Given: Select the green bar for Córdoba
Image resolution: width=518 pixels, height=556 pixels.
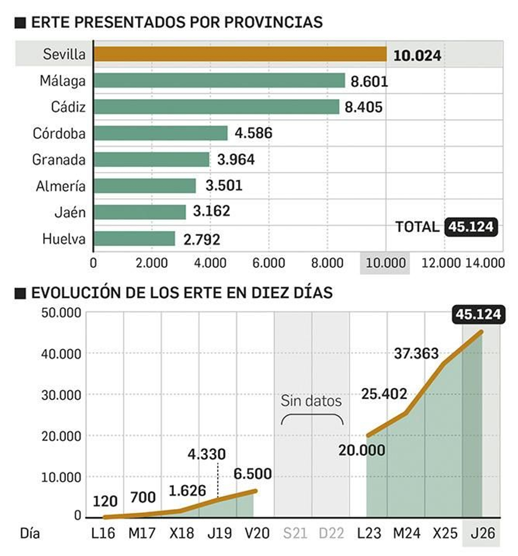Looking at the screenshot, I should tap(161, 133).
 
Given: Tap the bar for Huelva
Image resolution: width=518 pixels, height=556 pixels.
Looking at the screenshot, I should tap(134, 239).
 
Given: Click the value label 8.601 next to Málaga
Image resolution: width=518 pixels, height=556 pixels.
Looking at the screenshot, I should tap(369, 81).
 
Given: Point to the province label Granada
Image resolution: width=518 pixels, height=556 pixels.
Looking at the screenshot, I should tap(59, 160).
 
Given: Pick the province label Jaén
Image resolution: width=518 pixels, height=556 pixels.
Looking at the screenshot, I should tap(70, 212).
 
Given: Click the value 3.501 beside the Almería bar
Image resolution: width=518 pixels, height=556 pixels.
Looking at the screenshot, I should tap(224, 186).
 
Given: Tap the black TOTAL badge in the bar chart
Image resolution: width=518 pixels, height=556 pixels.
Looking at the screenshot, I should tap(471, 227).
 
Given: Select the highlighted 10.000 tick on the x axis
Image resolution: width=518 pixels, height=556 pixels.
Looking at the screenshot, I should tap(385, 263).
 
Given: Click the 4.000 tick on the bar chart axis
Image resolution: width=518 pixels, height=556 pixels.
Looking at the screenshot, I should tap(210, 263).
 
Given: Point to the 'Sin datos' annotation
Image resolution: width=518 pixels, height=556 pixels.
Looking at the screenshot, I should tap(311, 401).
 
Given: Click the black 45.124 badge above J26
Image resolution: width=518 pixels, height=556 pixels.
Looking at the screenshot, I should tap(478, 314).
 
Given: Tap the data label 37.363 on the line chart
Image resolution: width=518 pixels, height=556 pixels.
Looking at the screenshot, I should tap(416, 353).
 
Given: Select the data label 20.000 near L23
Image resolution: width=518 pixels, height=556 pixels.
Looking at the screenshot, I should tap(362, 450).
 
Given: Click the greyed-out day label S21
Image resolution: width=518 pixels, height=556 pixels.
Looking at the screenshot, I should tap(295, 533).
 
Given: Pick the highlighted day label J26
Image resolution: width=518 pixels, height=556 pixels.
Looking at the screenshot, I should tap(482, 533).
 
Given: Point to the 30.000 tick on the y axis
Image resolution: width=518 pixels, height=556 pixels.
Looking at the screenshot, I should tap(61, 395).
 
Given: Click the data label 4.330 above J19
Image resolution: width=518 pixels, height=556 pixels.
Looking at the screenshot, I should tap(206, 454).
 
